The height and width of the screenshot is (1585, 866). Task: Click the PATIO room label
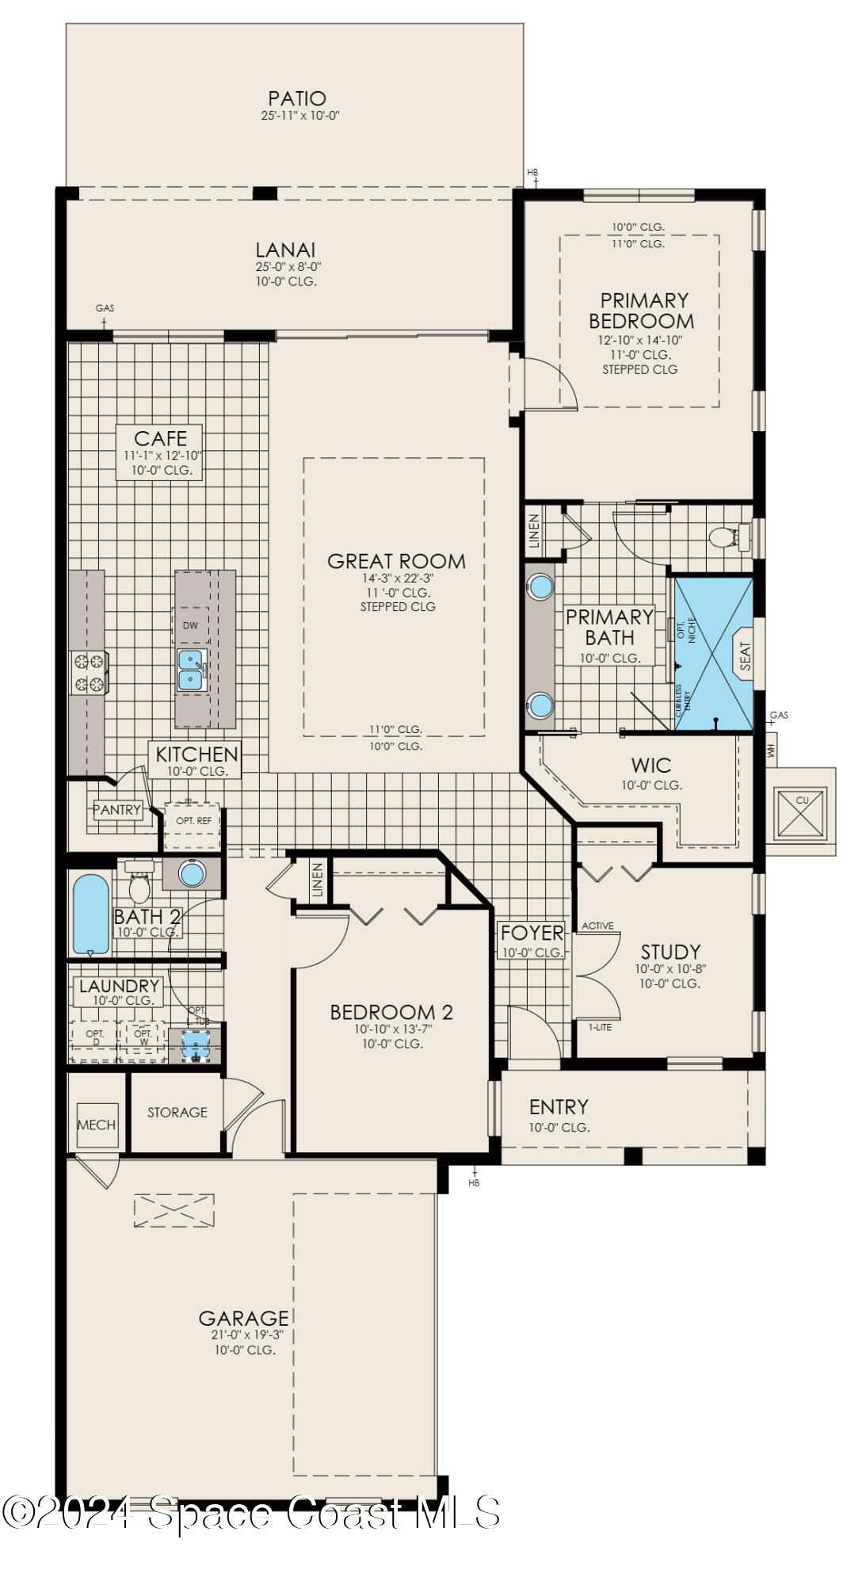click(x=296, y=98)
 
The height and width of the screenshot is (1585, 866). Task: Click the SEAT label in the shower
click(x=745, y=655)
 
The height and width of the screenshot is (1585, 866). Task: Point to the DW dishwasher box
click(x=190, y=625)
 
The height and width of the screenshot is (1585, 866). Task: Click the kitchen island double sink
click(x=190, y=669)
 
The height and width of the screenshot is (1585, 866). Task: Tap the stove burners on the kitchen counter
click(x=90, y=671)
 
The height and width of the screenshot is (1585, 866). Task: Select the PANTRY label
click(x=117, y=810)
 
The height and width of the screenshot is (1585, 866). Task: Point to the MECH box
click(x=97, y=1125)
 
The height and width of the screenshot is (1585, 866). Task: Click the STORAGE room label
click(x=177, y=1112)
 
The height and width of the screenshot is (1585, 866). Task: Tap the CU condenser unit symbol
click(x=802, y=812)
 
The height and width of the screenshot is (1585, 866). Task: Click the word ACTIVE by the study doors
click(x=597, y=926)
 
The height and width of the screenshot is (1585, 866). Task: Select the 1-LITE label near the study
click(x=600, y=1027)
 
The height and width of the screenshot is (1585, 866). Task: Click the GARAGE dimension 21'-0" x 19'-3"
click(x=243, y=1335)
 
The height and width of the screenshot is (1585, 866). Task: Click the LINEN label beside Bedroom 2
click(x=318, y=880)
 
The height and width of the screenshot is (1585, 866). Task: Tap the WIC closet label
click(x=650, y=765)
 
